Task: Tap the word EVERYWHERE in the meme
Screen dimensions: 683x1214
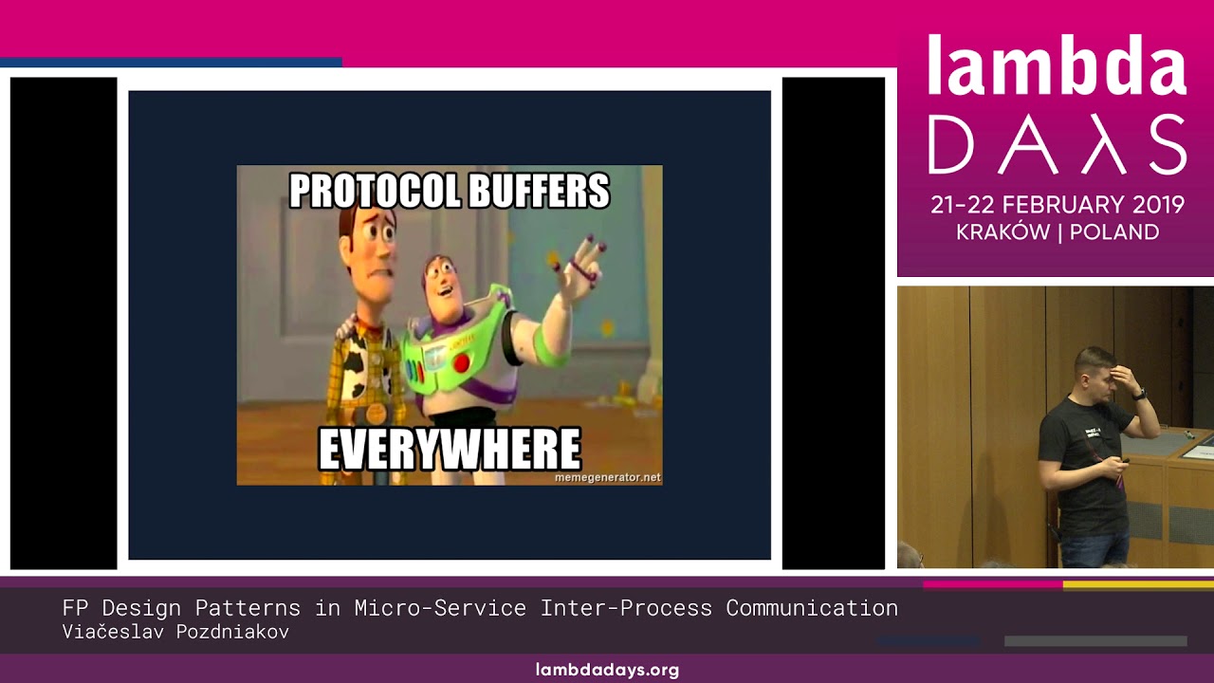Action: point(449,450)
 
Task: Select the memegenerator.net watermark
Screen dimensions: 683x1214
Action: point(607,477)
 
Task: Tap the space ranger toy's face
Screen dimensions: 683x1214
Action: point(445,280)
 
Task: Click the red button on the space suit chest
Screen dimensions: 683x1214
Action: point(462,362)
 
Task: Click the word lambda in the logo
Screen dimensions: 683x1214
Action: point(1056,67)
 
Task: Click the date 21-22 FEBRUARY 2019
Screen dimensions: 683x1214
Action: point(1058,204)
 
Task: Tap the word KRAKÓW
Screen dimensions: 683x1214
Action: point(1002,232)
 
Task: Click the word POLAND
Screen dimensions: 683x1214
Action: point(1114,232)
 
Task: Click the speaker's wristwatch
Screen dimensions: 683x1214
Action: point(1139,394)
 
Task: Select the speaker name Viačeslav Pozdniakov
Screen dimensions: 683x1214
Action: point(175,632)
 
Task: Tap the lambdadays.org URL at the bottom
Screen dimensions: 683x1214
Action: point(607,670)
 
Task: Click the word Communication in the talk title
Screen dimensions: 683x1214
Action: point(812,608)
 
